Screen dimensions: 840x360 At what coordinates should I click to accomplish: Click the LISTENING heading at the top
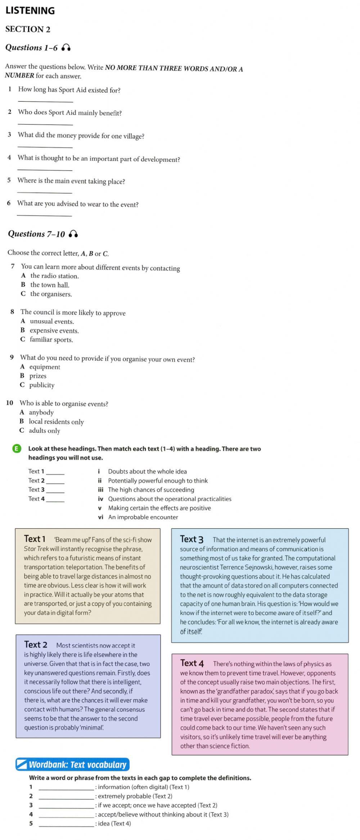pyautogui.click(x=30, y=11)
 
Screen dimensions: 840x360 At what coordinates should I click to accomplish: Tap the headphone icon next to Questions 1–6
pyautogui.click(x=66, y=48)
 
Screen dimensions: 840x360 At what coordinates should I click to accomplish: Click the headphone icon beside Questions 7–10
pyautogui.click(x=73, y=234)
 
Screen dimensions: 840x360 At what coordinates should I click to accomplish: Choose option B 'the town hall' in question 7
pyautogui.click(x=49, y=285)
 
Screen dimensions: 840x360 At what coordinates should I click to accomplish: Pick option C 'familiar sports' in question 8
pyautogui.click(x=51, y=340)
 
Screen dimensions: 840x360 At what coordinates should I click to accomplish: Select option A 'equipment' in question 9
pyautogui.click(x=44, y=367)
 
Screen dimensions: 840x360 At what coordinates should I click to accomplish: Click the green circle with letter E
pyautogui.click(x=17, y=449)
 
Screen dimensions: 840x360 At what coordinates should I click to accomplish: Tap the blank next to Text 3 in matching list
pyautogui.click(x=55, y=490)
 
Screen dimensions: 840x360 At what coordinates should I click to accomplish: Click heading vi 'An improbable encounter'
pyautogui.click(x=143, y=517)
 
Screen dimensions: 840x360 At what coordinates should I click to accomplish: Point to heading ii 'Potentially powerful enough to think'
pyautogui.click(x=158, y=481)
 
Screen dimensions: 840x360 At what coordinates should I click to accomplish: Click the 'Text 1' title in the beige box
pyautogui.click(x=35, y=539)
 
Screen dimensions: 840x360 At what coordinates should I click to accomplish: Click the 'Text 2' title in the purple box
pyautogui.click(x=35, y=645)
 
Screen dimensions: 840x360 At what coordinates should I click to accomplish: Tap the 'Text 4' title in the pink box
pyautogui.click(x=192, y=663)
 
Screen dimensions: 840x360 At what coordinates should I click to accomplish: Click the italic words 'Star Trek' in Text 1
pyautogui.click(x=36, y=549)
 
